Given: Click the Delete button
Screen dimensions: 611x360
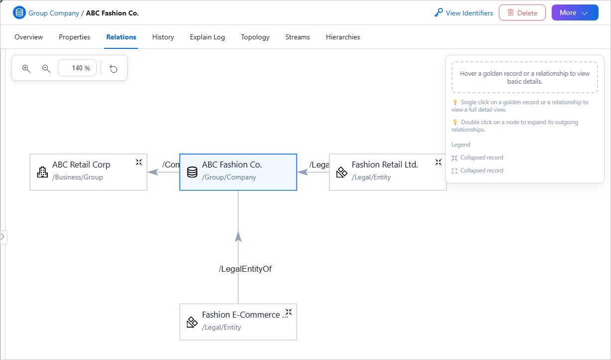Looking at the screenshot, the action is (x=522, y=13).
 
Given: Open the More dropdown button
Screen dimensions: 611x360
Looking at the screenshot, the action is (x=575, y=13).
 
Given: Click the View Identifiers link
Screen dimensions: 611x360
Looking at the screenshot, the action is (x=463, y=13).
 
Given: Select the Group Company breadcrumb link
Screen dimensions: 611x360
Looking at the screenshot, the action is (x=54, y=13).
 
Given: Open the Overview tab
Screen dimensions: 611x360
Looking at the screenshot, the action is (x=28, y=37).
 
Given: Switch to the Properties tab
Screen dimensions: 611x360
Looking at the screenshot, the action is (x=74, y=37).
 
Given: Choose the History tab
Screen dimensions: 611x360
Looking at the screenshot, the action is (x=163, y=37).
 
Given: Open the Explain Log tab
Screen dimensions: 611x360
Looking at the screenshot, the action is (x=207, y=37).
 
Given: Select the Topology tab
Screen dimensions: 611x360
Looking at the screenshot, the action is (x=255, y=37).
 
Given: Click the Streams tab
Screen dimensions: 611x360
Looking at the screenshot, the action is (x=298, y=37).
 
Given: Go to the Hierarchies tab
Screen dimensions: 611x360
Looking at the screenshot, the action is (x=343, y=37).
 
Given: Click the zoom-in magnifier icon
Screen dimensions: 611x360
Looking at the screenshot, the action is (x=26, y=68).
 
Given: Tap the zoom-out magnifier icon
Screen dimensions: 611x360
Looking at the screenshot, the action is (x=46, y=68).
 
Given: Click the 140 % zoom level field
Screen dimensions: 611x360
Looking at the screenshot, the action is (x=77, y=68).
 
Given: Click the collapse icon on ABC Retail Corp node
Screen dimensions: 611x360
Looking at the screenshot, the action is (x=139, y=163).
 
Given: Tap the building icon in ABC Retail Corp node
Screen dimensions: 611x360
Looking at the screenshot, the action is (x=42, y=172).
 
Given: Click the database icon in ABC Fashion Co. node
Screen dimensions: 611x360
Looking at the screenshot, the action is (x=192, y=172).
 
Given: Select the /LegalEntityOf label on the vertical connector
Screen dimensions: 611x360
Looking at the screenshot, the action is (x=245, y=269).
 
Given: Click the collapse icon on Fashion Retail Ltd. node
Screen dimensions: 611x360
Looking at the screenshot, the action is (x=439, y=163).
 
